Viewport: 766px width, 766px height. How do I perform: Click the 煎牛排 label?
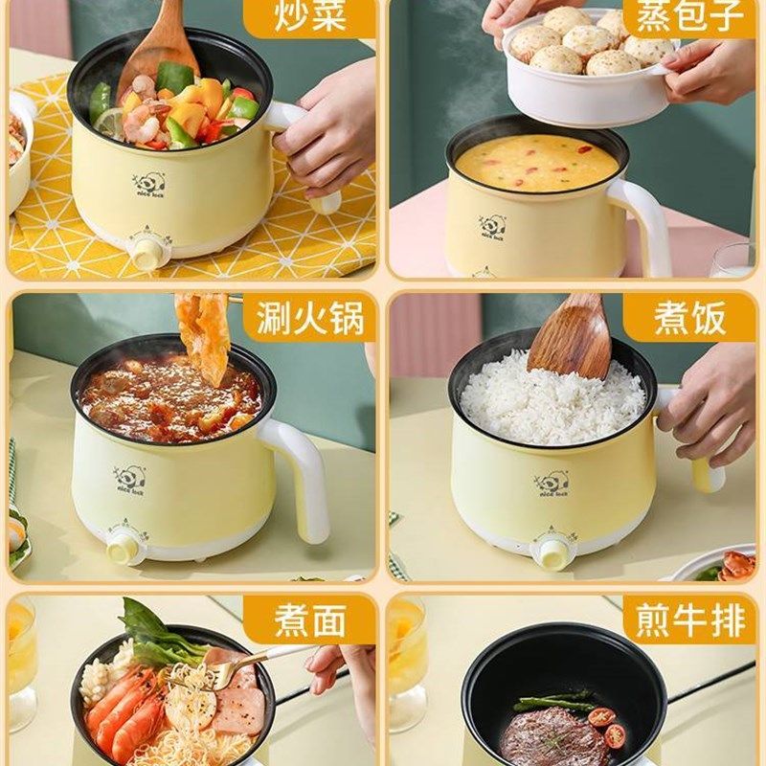pos(689,620)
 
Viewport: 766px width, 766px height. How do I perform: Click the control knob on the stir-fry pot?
pos(148,251)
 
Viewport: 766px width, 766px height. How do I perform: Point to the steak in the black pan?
pos(542,735)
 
